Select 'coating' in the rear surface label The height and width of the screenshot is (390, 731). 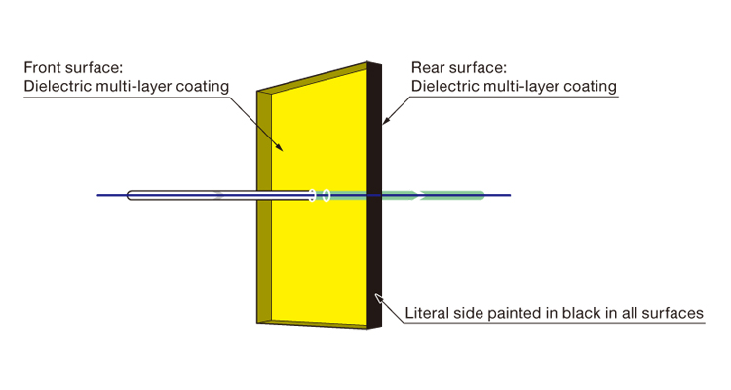pyautogui.click(x=591, y=87)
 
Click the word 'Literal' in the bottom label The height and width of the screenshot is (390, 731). pyautogui.click(x=429, y=314)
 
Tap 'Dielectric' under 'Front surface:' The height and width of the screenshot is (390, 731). pyautogui.click(x=56, y=87)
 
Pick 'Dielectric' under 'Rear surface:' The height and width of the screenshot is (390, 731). pyautogui.click(x=445, y=87)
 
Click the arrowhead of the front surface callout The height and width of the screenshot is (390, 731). pyautogui.click(x=282, y=150)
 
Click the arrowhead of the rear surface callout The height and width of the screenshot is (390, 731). pyautogui.click(x=385, y=121)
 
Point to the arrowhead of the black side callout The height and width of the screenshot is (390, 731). pyautogui.click(x=377, y=294)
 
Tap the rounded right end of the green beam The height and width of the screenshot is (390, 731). pyautogui.click(x=481, y=195)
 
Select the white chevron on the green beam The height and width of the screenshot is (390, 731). pyautogui.click(x=420, y=195)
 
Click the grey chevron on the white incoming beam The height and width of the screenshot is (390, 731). pyautogui.click(x=218, y=195)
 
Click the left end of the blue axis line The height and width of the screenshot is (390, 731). pyautogui.click(x=98, y=195)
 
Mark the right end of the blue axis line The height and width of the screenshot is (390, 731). pyautogui.click(x=509, y=195)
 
